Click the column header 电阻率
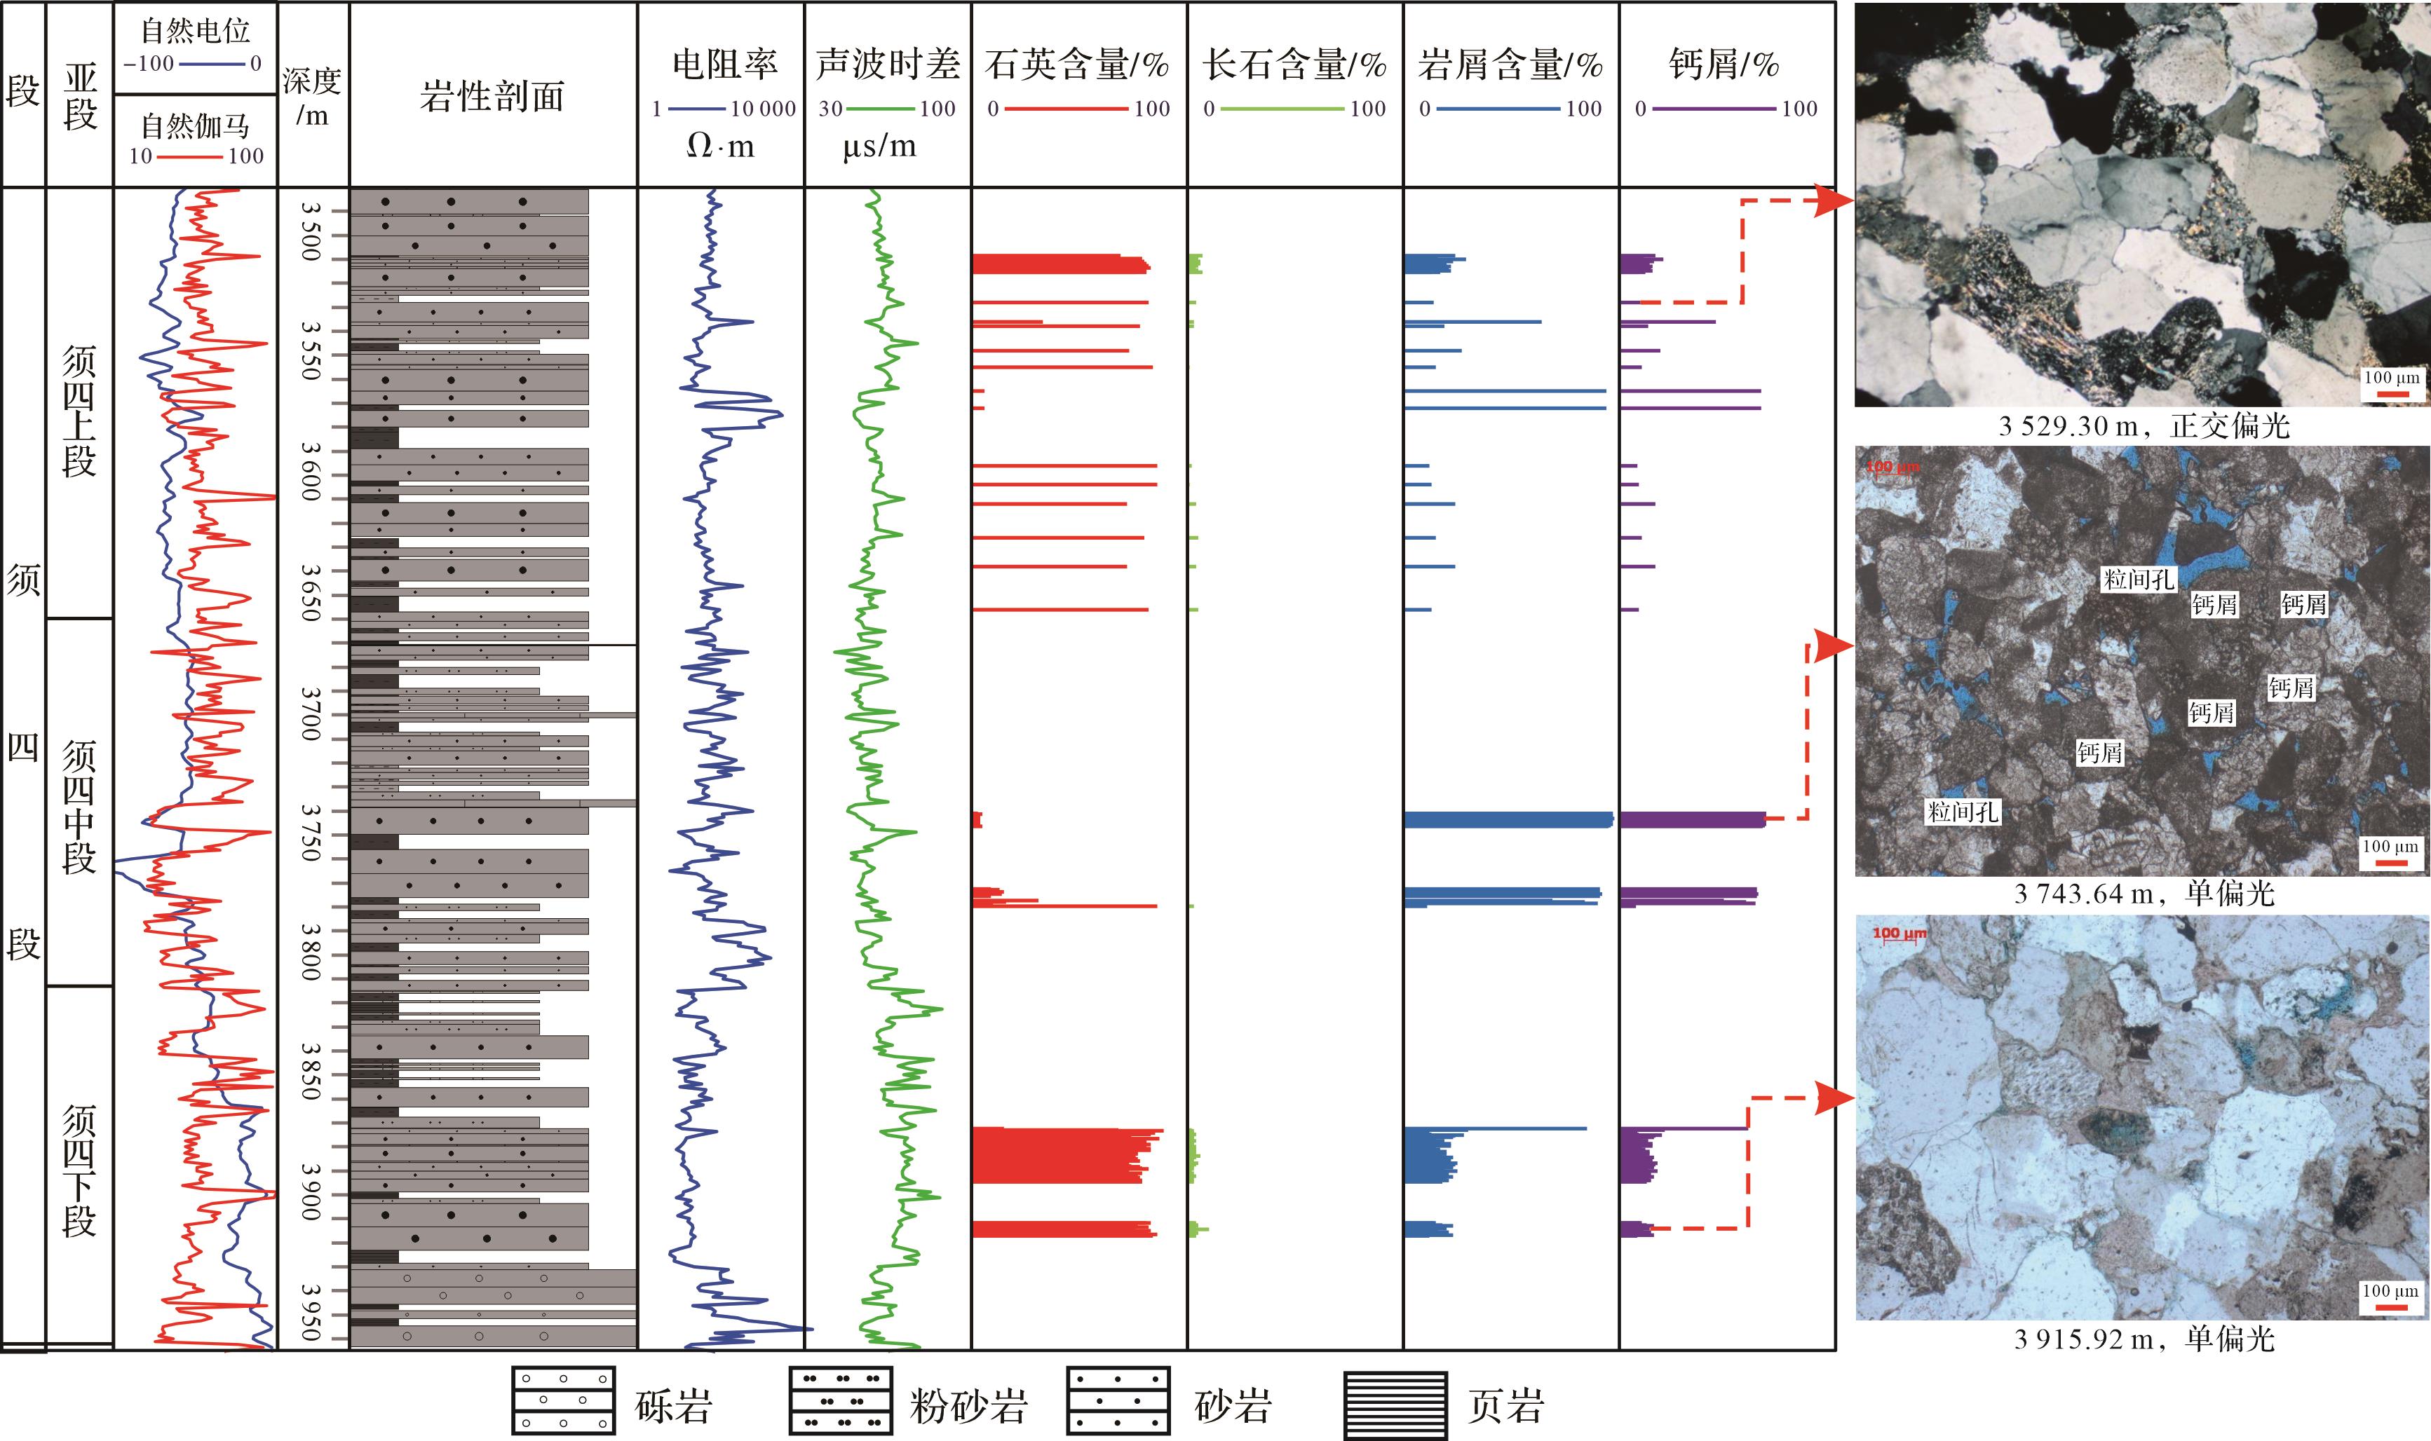tap(724, 64)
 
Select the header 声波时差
tap(888, 64)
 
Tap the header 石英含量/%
tap(1077, 64)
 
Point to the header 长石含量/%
tap(1294, 64)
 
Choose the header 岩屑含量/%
tap(1510, 64)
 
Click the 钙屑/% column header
tap(1724, 64)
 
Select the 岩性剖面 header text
tap(492, 96)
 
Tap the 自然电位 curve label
tap(195, 31)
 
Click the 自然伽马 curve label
tap(195, 125)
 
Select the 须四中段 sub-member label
tap(80, 806)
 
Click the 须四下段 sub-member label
tap(80, 1170)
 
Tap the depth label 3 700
tap(311, 713)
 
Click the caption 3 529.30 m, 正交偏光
tap(2144, 425)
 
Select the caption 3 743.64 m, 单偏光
tap(2144, 894)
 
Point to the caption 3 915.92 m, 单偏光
tap(2144, 1339)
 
